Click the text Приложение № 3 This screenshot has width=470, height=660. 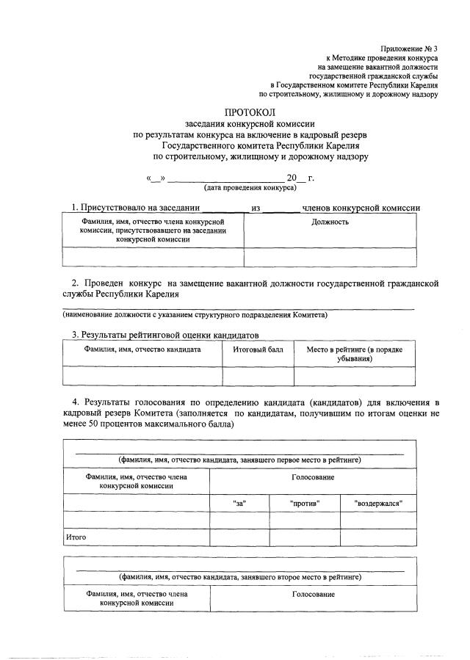(410, 47)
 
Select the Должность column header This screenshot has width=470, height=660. (330, 222)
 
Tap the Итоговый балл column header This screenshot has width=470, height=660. (258, 349)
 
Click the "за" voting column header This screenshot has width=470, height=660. (239, 503)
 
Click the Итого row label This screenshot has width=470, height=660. (76, 537)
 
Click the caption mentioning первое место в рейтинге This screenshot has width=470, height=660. (239, 460)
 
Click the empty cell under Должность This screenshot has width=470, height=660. (330, 257)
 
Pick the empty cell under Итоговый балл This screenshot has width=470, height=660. (258, 376)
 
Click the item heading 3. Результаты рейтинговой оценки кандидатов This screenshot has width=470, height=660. (165, 335)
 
